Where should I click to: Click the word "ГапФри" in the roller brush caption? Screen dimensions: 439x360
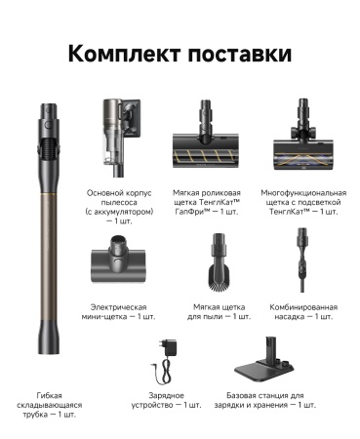196,211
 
